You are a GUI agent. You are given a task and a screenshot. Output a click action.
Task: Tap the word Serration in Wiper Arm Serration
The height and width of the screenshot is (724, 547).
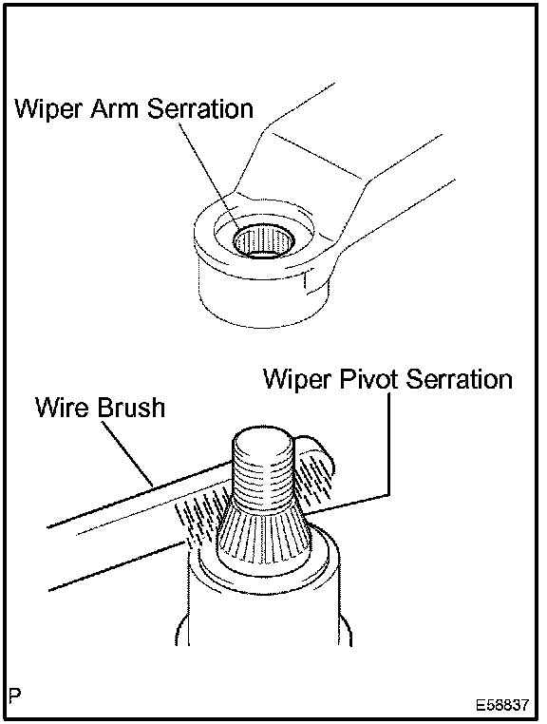[x=199, y=109]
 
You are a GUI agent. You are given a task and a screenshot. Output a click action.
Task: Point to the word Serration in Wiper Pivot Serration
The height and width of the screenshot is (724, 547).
[x=460, y=379]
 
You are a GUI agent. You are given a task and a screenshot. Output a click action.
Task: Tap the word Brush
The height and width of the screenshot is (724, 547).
[x=131, y=408]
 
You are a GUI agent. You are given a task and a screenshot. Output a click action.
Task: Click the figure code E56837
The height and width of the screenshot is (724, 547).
[x=502, y=705]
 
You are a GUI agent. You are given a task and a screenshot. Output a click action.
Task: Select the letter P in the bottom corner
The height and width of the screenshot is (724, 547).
[x=15, y=695]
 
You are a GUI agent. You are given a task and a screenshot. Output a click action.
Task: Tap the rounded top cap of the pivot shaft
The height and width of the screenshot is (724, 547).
[x=262, y=440]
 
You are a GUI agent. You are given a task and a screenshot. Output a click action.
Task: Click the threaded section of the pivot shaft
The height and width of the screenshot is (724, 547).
[x=262, y=476]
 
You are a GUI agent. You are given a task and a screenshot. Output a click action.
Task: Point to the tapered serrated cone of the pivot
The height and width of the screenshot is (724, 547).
[x=263, y=531]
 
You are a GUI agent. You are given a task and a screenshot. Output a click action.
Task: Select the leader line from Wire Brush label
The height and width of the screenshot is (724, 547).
[x=128, y=453]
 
